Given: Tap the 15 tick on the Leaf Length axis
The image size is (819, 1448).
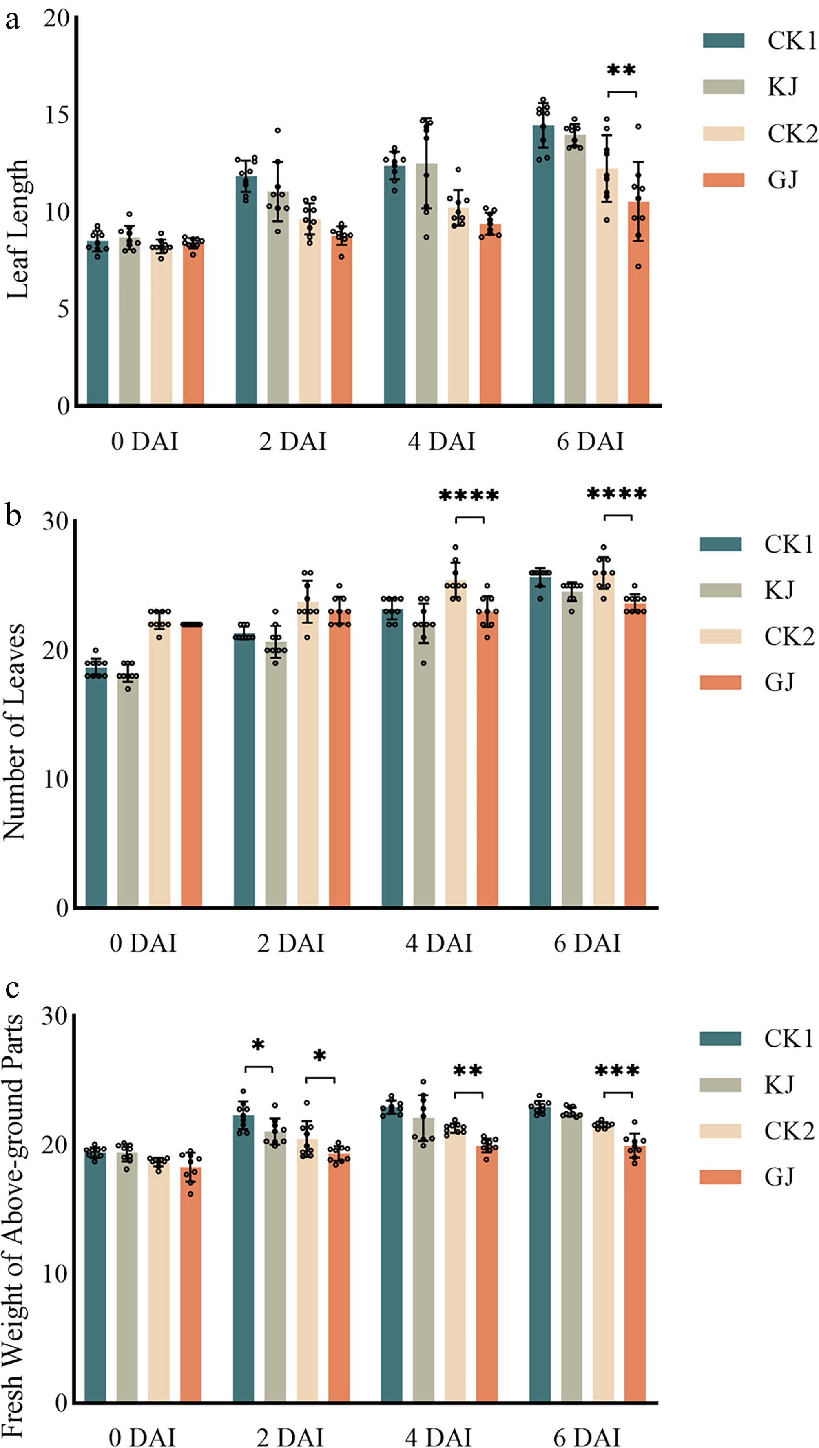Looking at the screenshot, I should point(56,115).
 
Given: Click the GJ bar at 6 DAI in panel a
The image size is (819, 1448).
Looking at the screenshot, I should point(638,304).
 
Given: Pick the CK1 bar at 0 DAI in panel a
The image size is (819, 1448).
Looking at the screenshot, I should point(98,323).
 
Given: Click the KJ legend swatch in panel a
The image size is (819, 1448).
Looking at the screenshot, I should point(724,87).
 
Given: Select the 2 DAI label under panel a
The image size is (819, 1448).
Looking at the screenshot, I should point(293,441).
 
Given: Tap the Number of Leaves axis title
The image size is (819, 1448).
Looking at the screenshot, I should point(15,731).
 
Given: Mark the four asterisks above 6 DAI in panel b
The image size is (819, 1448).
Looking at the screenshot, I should point(617,494).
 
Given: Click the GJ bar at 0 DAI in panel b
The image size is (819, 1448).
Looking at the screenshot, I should point(191,765).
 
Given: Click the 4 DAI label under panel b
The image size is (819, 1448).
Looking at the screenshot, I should point(439,943).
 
